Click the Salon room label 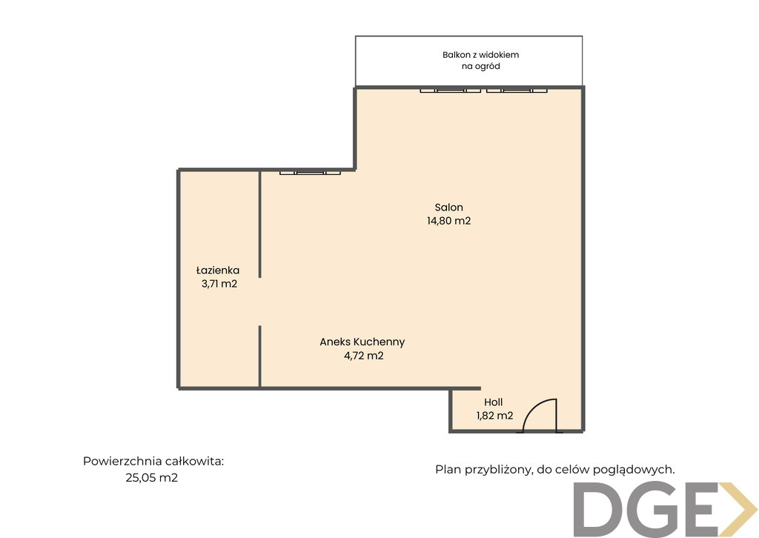pos(448,207)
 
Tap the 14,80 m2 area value pos(448,221)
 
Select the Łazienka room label pos(218,270)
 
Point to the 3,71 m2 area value pos(219,284)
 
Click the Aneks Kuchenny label pos(362,342)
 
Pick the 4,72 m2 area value pos(363,356)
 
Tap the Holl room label pos(493,402)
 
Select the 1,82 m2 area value pos(494,416)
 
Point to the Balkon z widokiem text pos(480,55)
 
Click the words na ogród pos(480,66)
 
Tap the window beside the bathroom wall pos(310,172)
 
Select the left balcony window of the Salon pos(450,90)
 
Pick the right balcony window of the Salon pos(517,90)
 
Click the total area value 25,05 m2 pos(151,478)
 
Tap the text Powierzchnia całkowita pos(153,461)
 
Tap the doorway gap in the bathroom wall pos(260,302)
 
